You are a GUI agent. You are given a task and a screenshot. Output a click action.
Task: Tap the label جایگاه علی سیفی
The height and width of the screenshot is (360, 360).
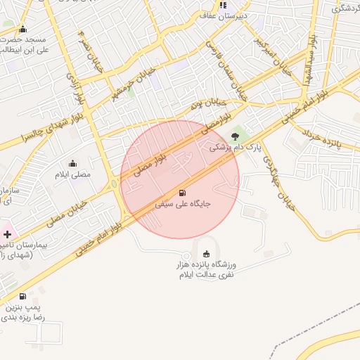tap(183, 205)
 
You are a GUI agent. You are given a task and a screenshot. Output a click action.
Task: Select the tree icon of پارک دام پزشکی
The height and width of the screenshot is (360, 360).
tap(235, 136)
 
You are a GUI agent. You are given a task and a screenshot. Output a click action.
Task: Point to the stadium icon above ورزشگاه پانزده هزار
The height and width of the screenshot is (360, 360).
tap(206, 254)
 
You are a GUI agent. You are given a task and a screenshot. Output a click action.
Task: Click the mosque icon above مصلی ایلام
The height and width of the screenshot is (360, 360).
tap(73, 163)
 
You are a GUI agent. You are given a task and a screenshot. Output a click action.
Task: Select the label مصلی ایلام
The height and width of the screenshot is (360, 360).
tap(73, 174)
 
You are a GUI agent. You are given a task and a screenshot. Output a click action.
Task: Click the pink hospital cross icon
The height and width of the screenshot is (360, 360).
tap(8, 233)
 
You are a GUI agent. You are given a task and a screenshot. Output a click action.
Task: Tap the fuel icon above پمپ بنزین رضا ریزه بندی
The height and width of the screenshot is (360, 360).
tap(22, 297)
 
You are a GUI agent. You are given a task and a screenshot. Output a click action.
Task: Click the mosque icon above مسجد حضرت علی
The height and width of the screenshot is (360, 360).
tap(23, 29)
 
